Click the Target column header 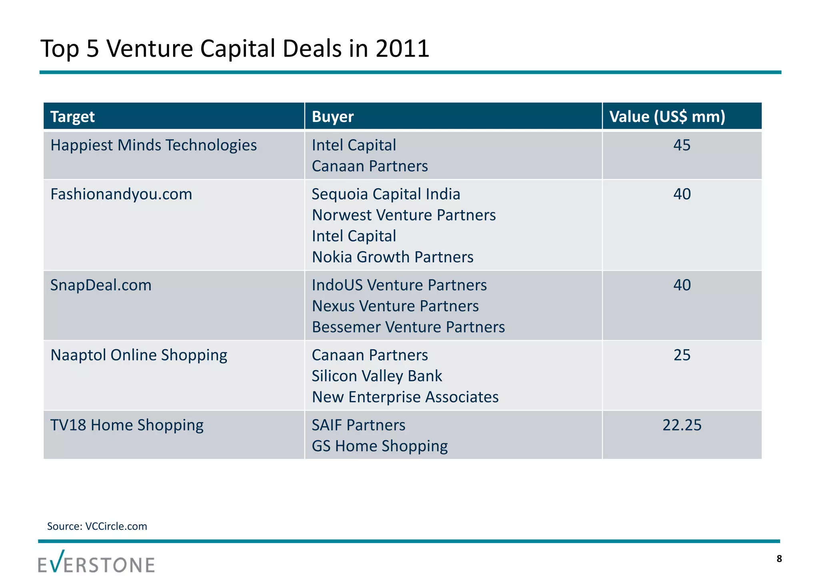point(72,117)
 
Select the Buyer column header point(333,117)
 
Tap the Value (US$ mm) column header point(667,117)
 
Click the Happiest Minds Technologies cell point(154,145)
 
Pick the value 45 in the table point(682,145)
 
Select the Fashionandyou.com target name point(121,194)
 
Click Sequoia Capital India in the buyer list point(386,194)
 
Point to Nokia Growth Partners point(392,257)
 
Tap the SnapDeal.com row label point(101,285)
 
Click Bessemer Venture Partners point(408,327)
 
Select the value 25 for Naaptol point(682,355)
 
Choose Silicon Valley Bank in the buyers point(377,376)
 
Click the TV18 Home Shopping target point(127,425)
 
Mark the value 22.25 point(682,425)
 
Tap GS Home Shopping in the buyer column point(380,446)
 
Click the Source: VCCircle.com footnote point(97,526)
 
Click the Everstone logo point(96,562)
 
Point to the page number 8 point(779,559)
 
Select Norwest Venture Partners point(404,215)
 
